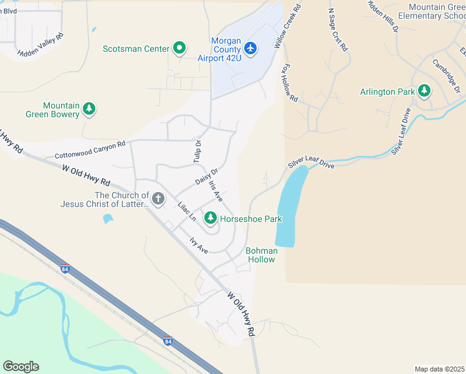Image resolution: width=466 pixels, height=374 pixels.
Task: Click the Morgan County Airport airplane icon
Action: pyautogui.click(x=250, y=48)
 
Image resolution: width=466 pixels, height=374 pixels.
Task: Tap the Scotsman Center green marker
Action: pyautogui.click(x=179, y=48)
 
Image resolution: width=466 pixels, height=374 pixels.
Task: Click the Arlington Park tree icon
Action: pyautogui.click(x=425, y=92)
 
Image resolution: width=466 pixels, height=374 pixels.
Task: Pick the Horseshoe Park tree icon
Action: pyautogui.click(x=211, y=218)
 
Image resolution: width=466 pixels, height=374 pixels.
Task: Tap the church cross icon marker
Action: pyautogui.click(x=158, y=199)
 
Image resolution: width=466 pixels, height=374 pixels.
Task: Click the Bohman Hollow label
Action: pyautogui.click(x=260, y=255)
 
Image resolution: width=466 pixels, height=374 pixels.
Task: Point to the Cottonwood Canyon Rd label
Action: pyautogui.click(x=90, y=150)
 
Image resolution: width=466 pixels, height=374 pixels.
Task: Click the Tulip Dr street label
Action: pyautogui.click(x=197, y=151)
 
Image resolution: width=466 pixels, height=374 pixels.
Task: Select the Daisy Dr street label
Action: pyautogui.click(x=206, y=177)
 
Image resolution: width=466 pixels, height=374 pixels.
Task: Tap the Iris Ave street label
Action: pyautogui.click(x=216, y=191)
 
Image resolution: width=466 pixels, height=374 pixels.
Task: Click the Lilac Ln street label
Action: pyautogui.click(x=187, y=211)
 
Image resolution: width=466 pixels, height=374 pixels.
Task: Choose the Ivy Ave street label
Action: pyautogui.click(x=199, y=245)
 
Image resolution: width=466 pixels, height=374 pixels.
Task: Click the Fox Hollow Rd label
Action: pyautogui.click(x=290, y=83)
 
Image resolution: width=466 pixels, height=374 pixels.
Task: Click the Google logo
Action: pyautogui.click(x=21, y=367)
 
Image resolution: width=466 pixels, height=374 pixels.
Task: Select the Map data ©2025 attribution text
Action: pyautogui.click(x=439, y=369)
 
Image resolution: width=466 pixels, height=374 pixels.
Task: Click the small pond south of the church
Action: pyautogui.click(x=108, y=219)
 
